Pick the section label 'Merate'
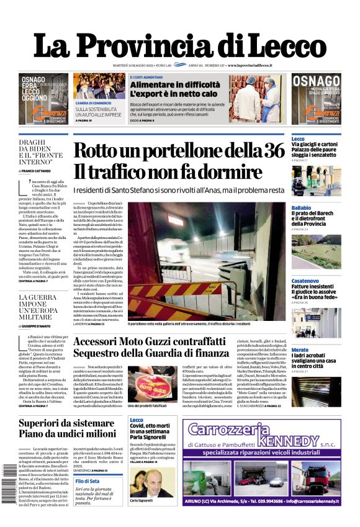(x=300, y=350)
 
